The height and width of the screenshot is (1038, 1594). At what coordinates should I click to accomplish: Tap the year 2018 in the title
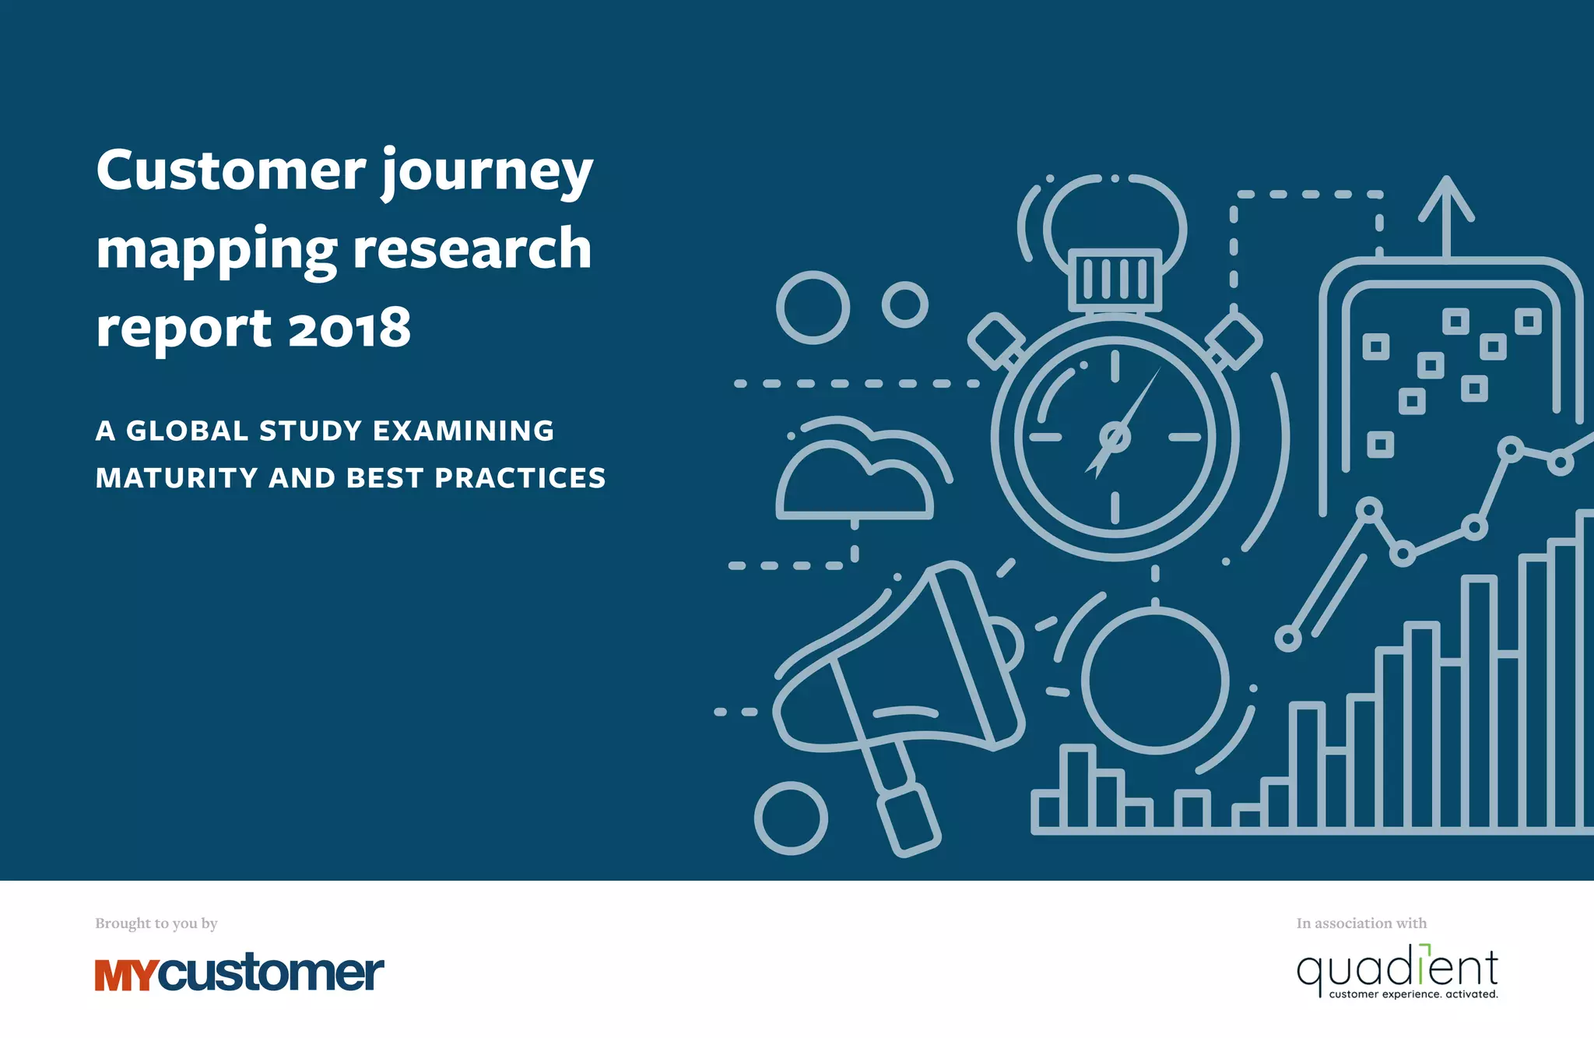tap(349, 328)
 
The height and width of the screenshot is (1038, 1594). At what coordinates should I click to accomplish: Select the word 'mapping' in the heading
tap(216, 251)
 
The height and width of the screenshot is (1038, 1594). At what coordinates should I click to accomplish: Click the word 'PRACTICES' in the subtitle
tap(520, 478)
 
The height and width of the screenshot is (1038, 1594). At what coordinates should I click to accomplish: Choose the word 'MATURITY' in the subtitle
tap(177, 478)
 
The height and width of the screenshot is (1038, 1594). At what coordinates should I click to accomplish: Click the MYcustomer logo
tap(239, 973)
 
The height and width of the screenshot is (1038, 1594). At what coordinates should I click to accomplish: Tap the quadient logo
tap(1397, 970)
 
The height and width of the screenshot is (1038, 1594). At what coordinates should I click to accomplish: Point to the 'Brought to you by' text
tap(156, 924)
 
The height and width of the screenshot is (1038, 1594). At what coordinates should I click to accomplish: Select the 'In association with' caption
tap(1361, 924)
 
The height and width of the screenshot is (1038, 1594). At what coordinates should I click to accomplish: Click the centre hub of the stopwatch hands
tap(1115, 437)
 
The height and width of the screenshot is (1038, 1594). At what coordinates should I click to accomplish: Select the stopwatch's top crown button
tap(1115, 279)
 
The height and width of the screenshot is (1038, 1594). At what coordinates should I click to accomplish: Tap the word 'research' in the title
tap(472, 249)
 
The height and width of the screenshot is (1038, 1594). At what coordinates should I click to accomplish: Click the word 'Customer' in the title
tap(231, 170)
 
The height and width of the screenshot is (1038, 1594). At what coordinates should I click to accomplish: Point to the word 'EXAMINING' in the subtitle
tap(464, 431)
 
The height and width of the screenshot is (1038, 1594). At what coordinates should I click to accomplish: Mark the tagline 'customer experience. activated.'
tap(1413, 994)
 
